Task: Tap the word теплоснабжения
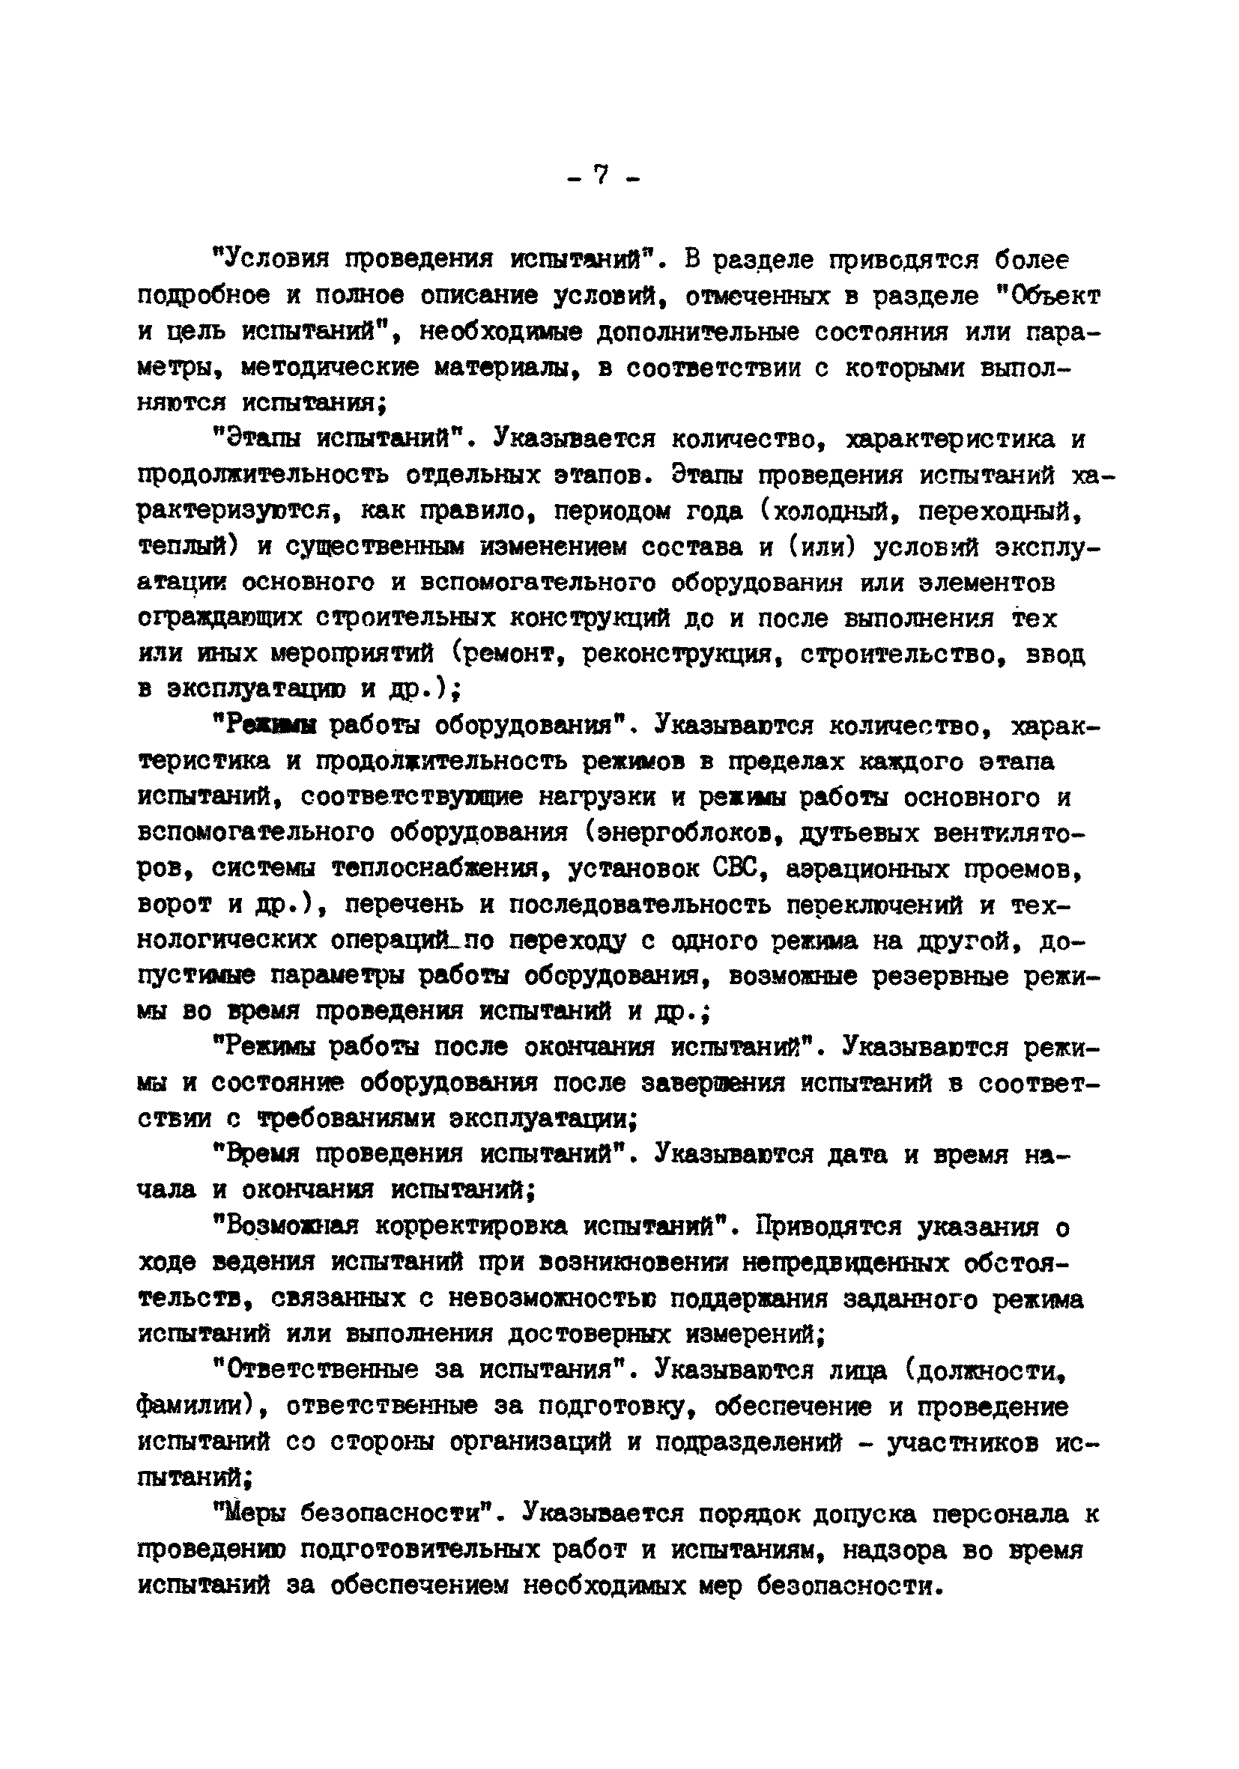[x=436, y=869]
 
